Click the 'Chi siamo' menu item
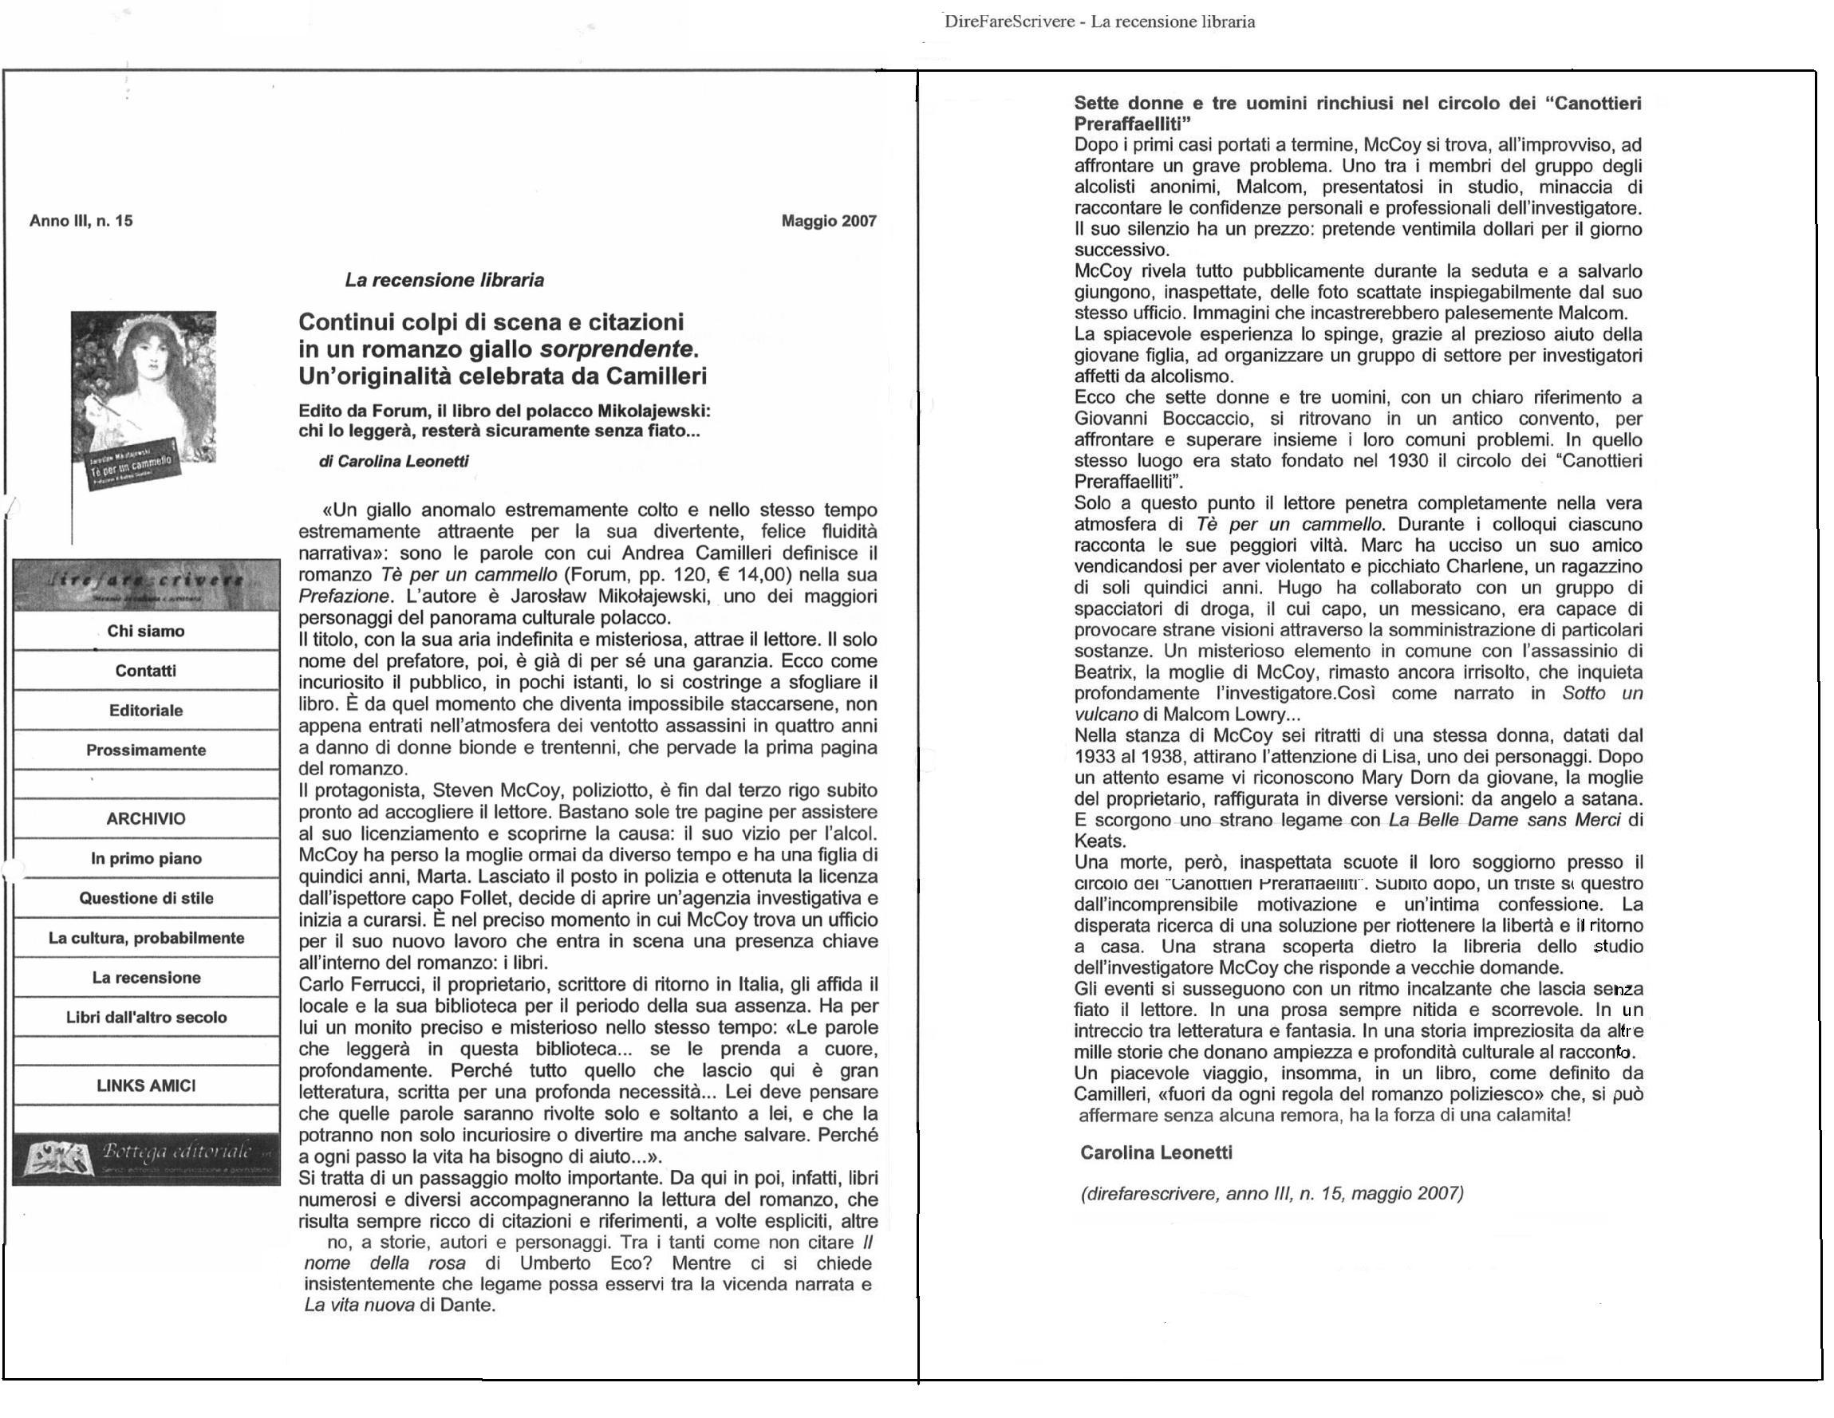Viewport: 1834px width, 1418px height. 146,632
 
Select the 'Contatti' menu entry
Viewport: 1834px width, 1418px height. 146,671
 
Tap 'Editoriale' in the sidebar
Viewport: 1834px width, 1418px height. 146,711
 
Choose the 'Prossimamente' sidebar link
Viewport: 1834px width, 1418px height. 146,750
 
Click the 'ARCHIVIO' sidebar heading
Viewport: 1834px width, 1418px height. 146,818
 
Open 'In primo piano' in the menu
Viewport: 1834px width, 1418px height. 146,858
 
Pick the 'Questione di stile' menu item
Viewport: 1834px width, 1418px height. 146,897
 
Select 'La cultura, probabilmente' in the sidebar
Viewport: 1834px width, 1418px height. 146,938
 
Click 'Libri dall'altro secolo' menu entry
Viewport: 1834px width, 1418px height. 146,1017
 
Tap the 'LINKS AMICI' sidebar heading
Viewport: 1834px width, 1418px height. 146,1085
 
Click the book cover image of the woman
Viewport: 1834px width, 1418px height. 144,395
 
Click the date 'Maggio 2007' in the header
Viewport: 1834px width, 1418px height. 829,221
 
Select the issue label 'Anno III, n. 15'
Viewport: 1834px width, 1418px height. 81,221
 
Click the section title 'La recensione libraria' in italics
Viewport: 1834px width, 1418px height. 444,280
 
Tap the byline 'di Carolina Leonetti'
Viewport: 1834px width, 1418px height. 394,461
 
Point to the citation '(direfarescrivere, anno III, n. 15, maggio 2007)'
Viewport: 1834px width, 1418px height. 1272,1193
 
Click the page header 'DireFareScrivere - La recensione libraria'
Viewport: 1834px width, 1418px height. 1099,22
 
